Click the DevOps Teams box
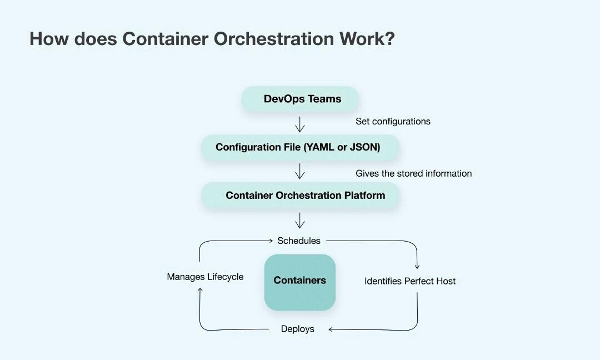(300, 99)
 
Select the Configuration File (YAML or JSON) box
(300, 147)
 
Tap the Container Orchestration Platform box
(300, 196)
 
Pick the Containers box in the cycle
(300, 281)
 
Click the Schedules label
(299, 241)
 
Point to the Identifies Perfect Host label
(410, 281)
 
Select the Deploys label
(298, 329)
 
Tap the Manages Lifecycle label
(205, 277)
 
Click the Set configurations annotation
(393, 121)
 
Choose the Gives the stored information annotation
(414, 173)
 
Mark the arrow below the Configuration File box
(300, 171)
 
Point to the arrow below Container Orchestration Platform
(300, 221)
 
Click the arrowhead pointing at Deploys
(331, 329)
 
